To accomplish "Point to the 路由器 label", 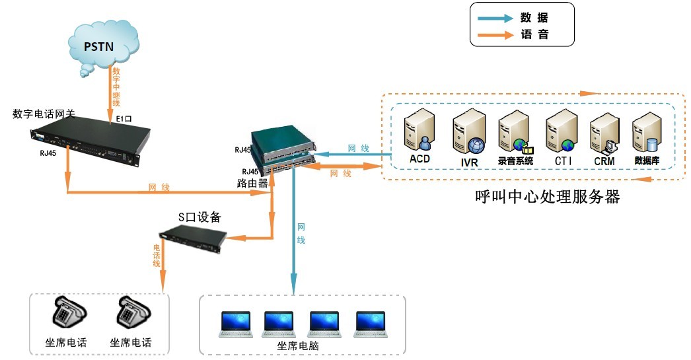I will click(x=252, y=183).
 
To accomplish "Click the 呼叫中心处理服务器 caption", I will click(x=548, y=197).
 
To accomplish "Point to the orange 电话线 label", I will click(x=157, y=254).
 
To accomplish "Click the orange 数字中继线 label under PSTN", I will click(x=116, y=86).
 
